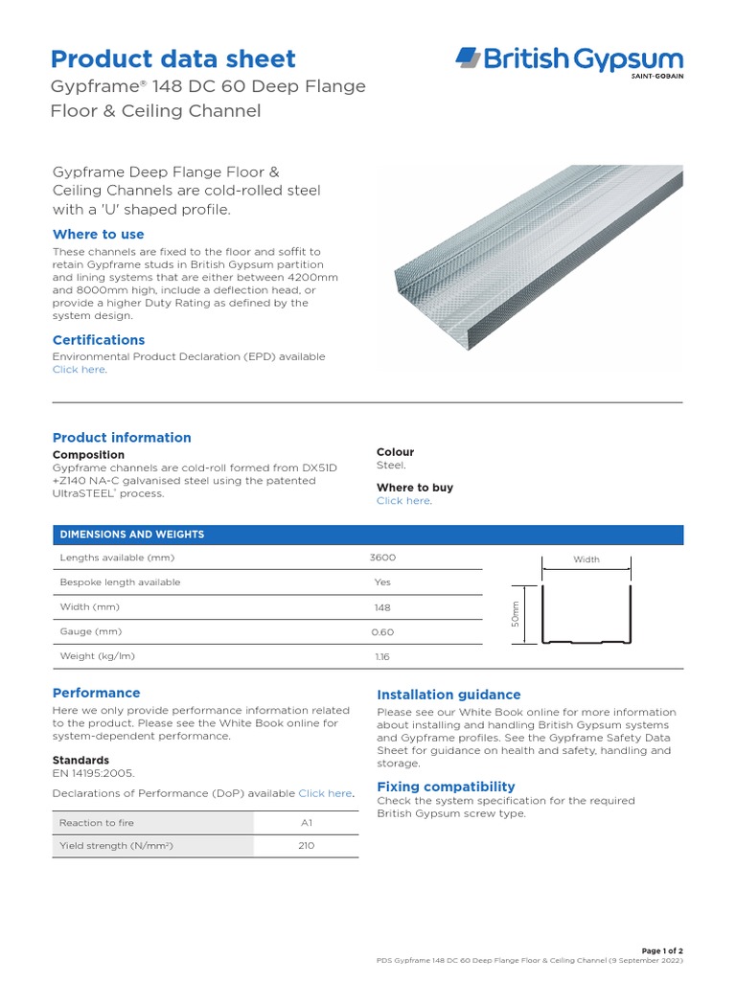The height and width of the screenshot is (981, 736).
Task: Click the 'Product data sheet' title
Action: click(172, 58)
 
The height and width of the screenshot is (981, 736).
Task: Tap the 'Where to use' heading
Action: click(98, 234)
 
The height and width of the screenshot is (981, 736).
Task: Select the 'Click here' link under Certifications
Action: click(79, 370)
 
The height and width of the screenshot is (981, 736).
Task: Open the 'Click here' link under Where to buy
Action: click(402, 501)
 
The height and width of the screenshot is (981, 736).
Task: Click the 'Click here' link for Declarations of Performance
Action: click(325, 793)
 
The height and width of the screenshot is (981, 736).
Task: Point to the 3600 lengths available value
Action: click(382, 558)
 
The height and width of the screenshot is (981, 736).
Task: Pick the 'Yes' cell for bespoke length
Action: click(382, 582)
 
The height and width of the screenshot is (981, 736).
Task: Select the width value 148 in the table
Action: click(382, 607)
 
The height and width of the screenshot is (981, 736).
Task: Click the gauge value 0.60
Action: click(382, 632)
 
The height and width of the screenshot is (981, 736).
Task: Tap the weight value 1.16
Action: click(382, 657)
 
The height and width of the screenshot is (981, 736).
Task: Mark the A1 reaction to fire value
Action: click(307, 823)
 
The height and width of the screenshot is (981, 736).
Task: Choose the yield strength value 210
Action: click(307, 847)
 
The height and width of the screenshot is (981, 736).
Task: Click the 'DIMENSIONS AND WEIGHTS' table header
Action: click(132, 535)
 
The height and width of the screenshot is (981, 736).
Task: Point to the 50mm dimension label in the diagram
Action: click(516, 614)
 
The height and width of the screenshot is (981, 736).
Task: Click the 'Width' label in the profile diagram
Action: click(586, 559)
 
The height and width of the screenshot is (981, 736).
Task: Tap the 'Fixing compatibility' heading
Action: click(446, 787)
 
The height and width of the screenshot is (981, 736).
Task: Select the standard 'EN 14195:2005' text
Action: click(93, 773)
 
